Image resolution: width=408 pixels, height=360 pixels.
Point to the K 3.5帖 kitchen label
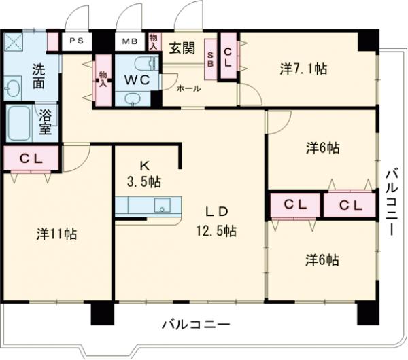click(146, 173)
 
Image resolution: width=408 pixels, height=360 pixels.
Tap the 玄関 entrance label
click(182, 48)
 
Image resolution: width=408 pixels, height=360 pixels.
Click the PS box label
click(75, 41)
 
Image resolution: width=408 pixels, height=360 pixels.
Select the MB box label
click(129, 41)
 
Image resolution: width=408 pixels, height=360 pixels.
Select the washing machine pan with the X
click(13, 43)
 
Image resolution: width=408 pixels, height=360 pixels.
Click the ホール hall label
click(188, 88)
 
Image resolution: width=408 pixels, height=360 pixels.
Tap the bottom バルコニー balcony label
click(195, 324)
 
